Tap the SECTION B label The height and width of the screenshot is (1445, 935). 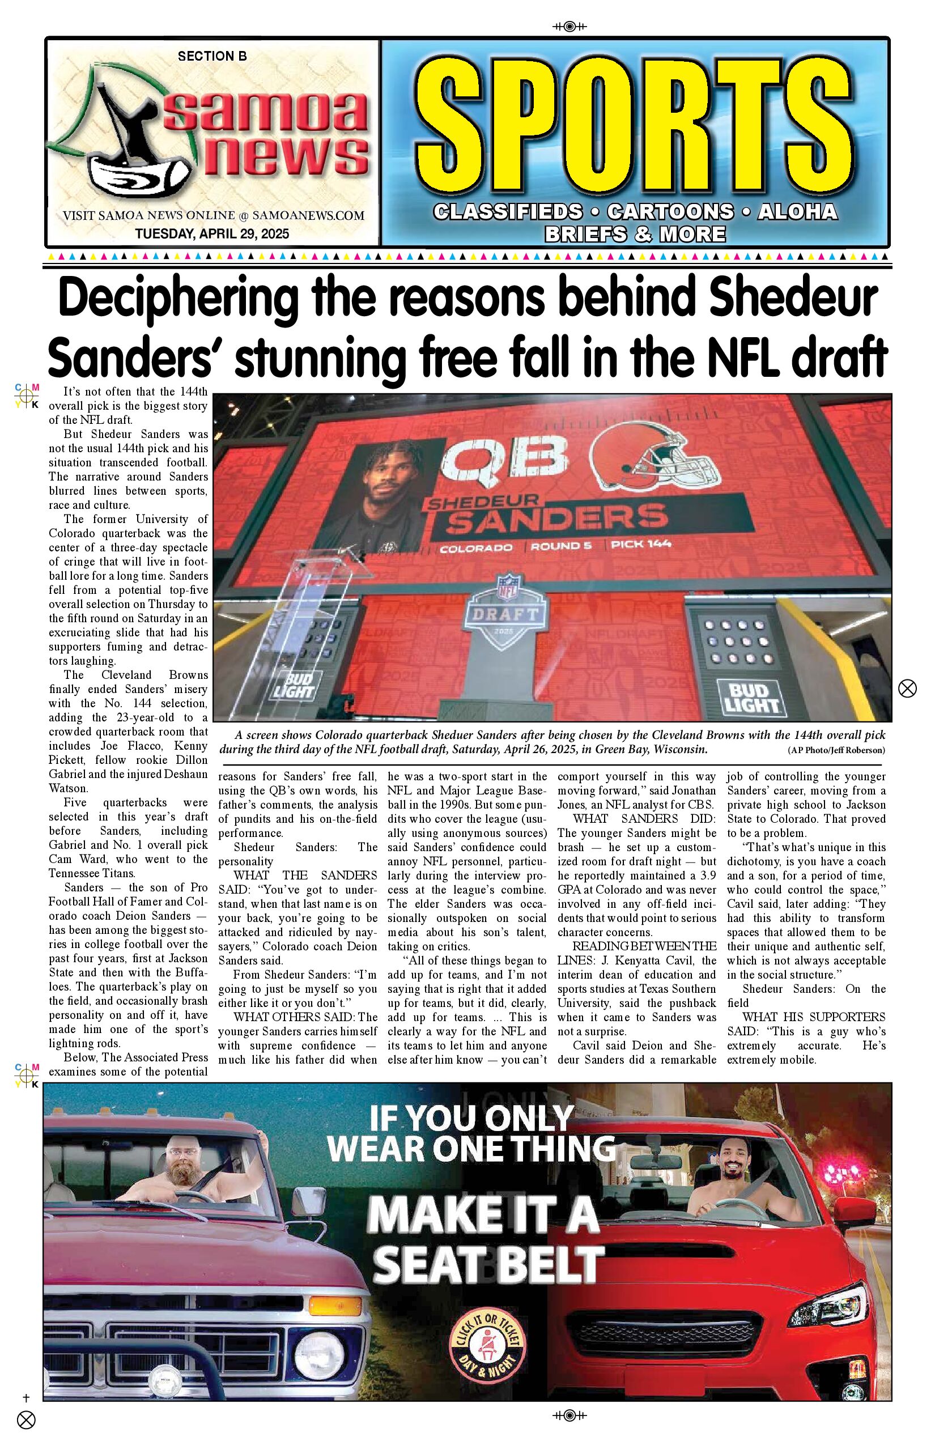tap(212, 57)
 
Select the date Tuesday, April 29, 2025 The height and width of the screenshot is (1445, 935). tap(212, 233)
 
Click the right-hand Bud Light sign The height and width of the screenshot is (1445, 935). tap(751, 698)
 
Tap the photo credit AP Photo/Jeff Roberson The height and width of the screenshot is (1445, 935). tap(836, 750)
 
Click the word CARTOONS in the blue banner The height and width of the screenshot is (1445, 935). tap(670, 212)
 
